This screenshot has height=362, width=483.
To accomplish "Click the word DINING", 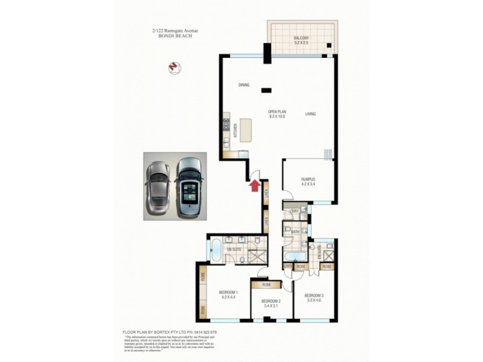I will pos(244,85).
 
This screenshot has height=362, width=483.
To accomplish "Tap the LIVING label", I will pos(310,114).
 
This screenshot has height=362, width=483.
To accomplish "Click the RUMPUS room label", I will pos(309,179).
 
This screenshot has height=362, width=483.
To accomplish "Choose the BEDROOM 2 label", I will pos(271,301).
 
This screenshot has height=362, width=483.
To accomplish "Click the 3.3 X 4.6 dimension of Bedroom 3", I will pos(313,300).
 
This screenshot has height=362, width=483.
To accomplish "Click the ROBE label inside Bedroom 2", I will pos(266,285).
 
